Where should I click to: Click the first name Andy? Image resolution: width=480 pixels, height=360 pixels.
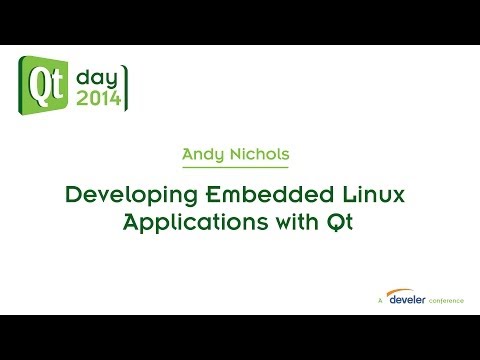coord(204,154)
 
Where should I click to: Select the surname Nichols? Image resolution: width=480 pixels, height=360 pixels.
coord(263,154)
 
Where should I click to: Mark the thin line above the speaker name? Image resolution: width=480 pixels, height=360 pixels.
coord(239,142)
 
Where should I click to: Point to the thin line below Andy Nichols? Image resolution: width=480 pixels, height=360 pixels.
coord(239,169)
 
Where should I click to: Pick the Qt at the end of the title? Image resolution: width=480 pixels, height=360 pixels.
coord(342,222)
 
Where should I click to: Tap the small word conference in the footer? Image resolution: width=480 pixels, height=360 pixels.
coord(444,299)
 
